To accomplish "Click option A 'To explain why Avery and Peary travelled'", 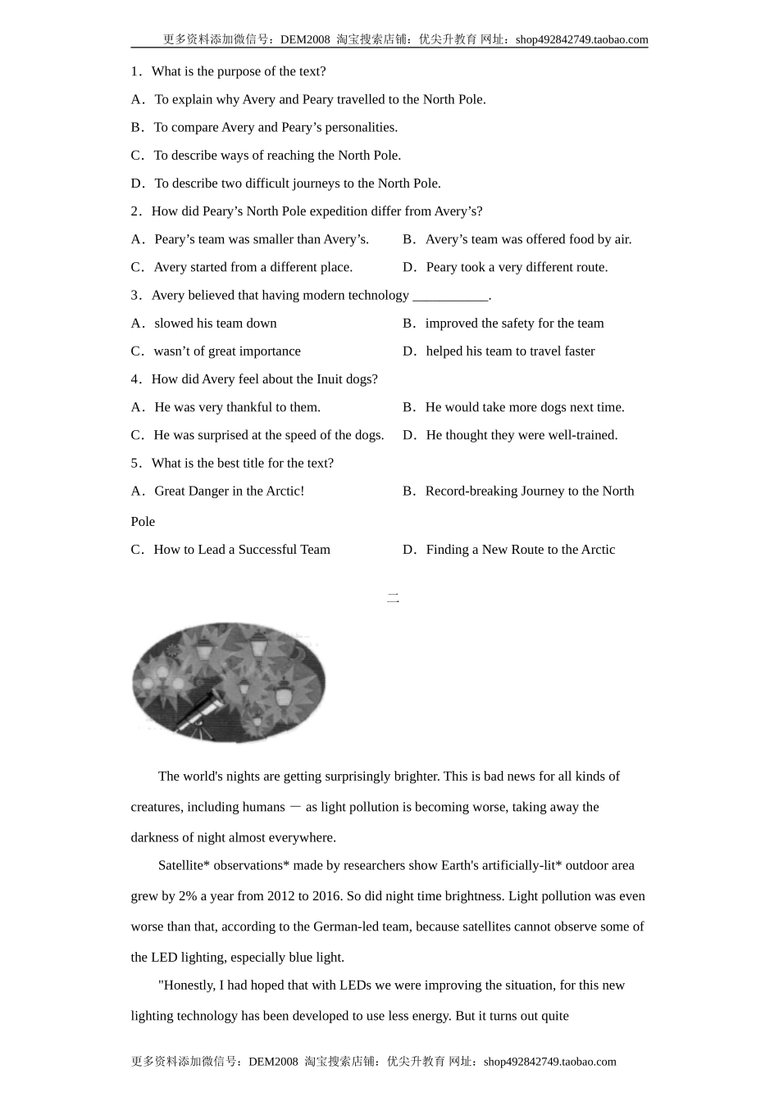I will coord(320,100).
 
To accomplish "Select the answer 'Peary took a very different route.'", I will coord(517,267).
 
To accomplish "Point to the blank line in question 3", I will coord(450,297).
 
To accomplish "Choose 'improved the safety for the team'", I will coord(514,324).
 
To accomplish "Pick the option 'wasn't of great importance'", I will coord(227,351).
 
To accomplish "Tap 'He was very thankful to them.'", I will coord(237,407).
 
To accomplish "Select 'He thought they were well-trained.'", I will coord(522,435).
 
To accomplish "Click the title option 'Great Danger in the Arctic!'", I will coord(229,492).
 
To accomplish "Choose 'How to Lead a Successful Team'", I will coord(242,550).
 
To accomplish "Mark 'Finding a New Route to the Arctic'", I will coord(520,550).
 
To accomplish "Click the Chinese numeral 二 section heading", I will coord(393,599).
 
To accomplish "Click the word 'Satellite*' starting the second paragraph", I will coord(184,866).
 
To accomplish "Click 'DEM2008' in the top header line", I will coord(305,39).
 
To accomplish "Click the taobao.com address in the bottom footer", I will coord(549,1062).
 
